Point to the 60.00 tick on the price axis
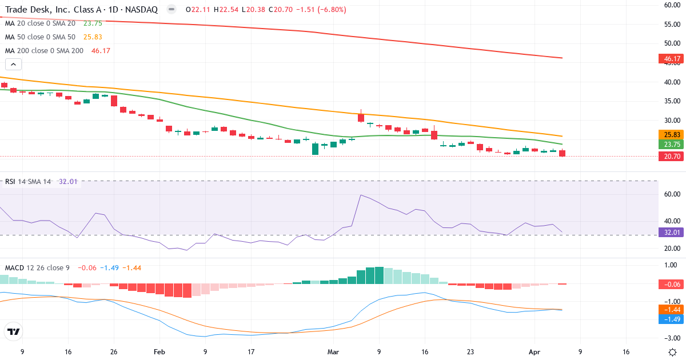[x=671, y=5]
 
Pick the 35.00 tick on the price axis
[x=671, y=101]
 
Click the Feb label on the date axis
[x=159, y=353]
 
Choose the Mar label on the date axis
[x=332, y=353]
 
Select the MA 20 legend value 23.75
[x=93, y=23]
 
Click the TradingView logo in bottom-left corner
[x=13, y=331]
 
